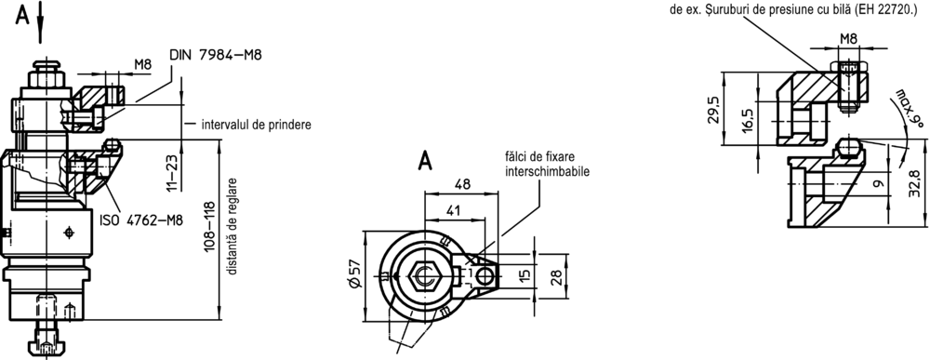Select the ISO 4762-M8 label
tap(141, 220)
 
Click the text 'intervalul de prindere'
tap(257, 126)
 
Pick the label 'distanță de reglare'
tap(233, 227)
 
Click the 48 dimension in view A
tap(462, 184)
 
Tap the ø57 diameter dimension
tap(354, 277)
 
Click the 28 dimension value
tap(556, 277)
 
